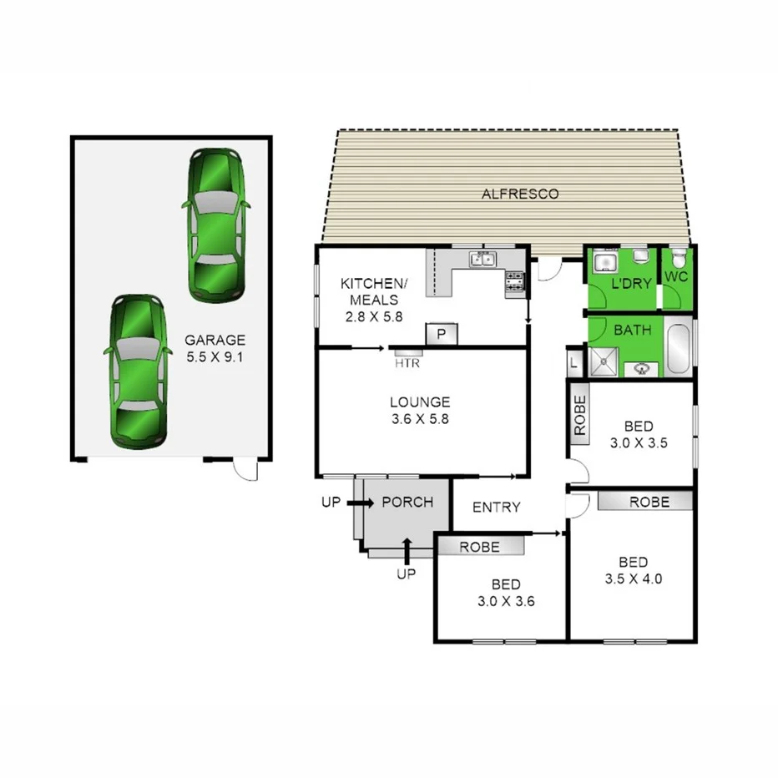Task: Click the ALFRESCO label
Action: tap(519, 194)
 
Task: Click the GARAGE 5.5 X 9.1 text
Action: tap(215, 348)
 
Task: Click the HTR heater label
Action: tap(407, 363)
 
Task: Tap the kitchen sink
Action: tap(482, 259)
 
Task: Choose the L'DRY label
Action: tap(631, 284)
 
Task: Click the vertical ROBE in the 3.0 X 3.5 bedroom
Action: tap(580, 414)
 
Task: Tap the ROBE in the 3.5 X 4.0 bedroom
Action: tap(649, 503)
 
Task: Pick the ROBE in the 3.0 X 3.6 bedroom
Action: tap(479, 547)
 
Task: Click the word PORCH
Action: tap(407, 503)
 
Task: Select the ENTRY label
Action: tap(496, 508)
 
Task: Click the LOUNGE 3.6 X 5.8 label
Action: tap(419, 411)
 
